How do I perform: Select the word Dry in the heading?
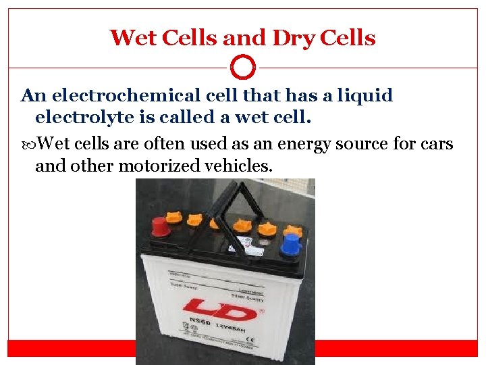(293, 38)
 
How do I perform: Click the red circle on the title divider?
(243, 68)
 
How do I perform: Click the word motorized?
(158, 166)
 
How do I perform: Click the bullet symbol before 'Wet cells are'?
(27, 144)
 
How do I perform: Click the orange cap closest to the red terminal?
(173, 217)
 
